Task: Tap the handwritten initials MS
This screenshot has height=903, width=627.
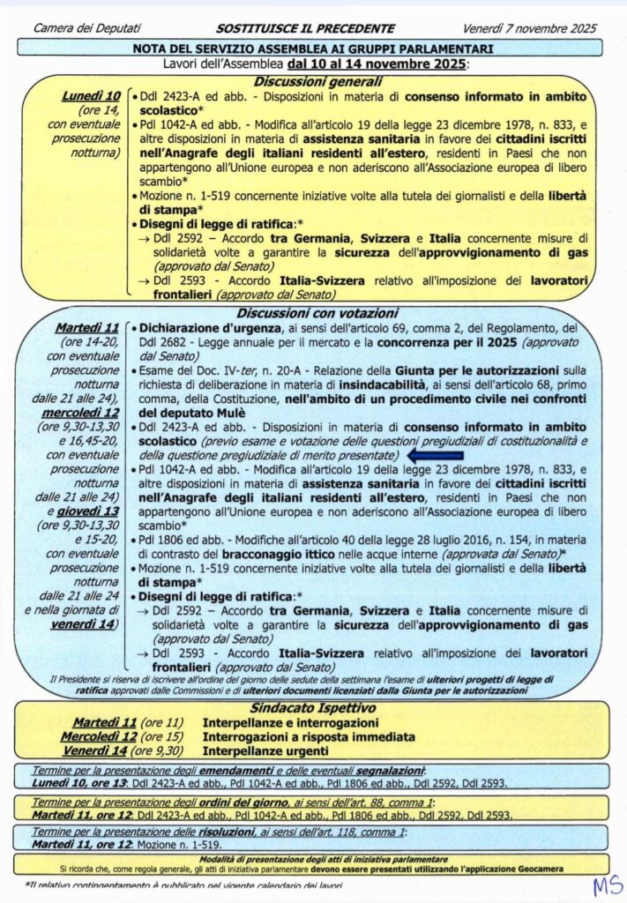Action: [x=606, y=884]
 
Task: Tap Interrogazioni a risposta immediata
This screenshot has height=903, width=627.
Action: [x=309, y=736]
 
